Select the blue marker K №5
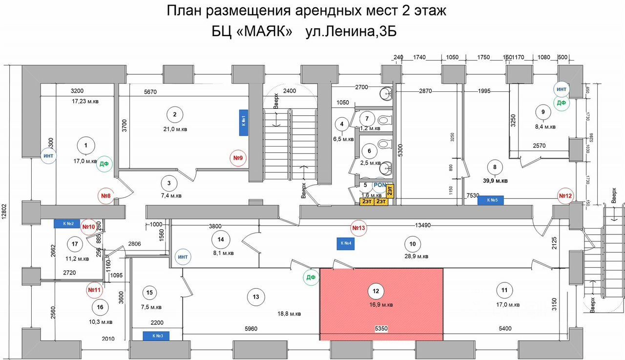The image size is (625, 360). [x=490, y=200]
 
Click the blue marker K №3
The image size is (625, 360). [x=156, y=336]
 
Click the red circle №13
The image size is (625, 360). [x=359, y=228]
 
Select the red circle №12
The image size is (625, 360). [x=565, y=196]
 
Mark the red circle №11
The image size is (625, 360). [x=94, y=289]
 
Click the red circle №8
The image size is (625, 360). [x=106, y=196]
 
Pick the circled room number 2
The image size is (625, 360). [x=174, y=115]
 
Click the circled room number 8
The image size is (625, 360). [x=495, y=167]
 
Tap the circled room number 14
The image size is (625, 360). [x=221, y=239]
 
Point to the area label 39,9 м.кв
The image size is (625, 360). [x=495, y=181]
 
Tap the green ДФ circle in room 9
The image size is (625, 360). [x=562, y=103]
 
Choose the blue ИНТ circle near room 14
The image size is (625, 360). [x=183, y=257]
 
